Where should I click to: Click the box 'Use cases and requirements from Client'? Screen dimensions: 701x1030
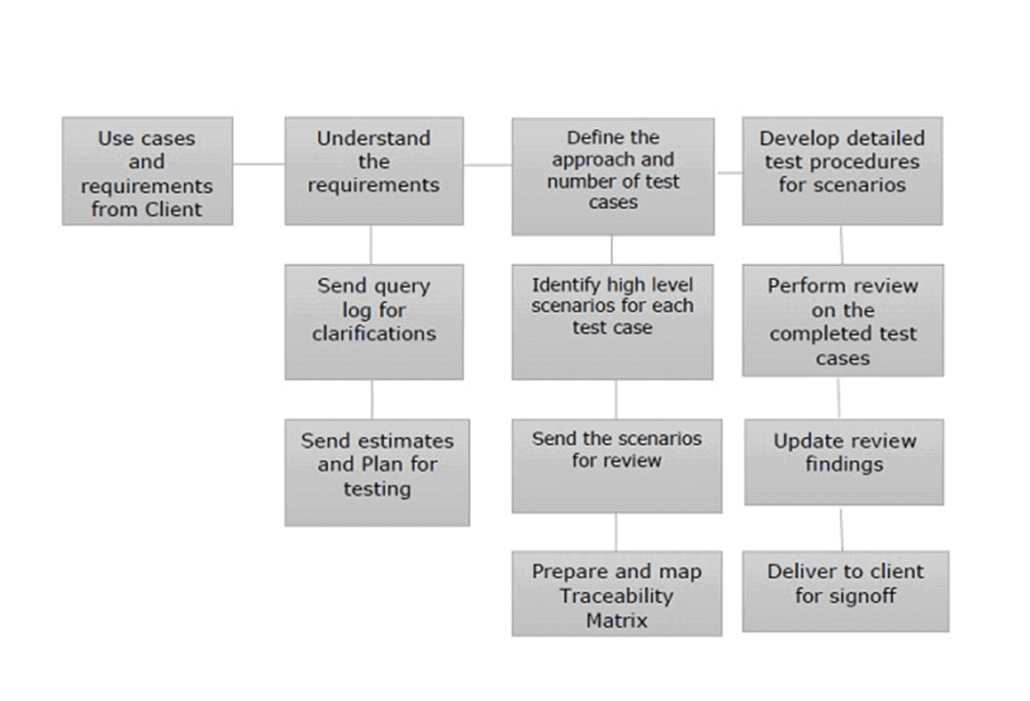[147, 171]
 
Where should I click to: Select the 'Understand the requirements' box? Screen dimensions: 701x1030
[373, 171]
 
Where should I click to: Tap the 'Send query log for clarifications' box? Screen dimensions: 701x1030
[373, 321]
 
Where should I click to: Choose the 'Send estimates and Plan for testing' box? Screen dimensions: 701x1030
[377, 472]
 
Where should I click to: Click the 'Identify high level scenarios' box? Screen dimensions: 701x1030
[612, 321]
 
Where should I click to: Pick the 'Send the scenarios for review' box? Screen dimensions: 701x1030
[616, 466]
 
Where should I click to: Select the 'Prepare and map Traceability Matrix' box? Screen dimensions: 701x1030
[616, 593]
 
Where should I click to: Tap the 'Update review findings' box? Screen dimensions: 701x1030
[843, 462]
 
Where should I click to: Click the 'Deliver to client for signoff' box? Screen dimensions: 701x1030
[845, 591]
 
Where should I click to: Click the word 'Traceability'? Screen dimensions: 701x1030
[616, 595]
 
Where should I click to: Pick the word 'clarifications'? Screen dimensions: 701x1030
[373, 334]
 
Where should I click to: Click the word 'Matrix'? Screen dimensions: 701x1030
[616, 619]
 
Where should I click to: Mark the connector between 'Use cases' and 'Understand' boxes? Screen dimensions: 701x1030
[259, 163]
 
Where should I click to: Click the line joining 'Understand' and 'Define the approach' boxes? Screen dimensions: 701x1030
[487, 165]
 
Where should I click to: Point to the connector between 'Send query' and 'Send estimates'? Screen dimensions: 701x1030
[372, 399]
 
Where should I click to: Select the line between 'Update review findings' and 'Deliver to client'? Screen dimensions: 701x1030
[842, 528]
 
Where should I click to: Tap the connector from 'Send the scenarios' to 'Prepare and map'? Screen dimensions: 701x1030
[615, 532]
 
